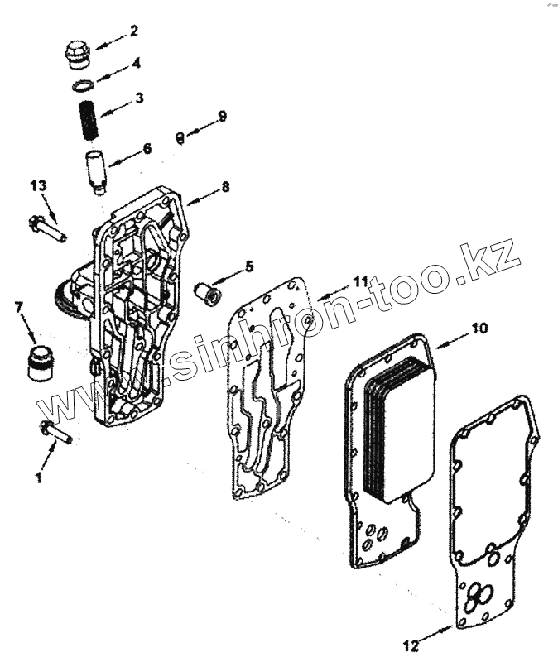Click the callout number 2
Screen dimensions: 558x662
pos(134,32)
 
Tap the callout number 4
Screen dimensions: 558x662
pos(136,62)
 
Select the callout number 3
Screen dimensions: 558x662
pos(139,98)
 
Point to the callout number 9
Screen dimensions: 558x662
pos(222,115)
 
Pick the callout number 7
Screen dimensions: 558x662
pos(18,309)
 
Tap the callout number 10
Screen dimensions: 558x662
pos(481,329)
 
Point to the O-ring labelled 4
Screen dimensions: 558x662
pos(83,85)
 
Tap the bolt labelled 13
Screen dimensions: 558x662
pos(48,227)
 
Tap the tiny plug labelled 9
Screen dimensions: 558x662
pos(178,137)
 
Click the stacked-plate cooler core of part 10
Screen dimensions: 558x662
pos(399,430)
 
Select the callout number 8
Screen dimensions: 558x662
pos(225,187)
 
